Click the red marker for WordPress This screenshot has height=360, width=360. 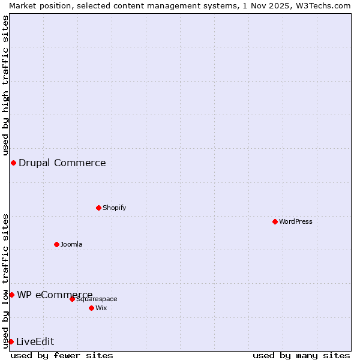(275, 221)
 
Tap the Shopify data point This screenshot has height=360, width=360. (98, 208)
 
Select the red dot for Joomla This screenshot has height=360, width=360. (56, 244)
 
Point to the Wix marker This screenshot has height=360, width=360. (91, 308)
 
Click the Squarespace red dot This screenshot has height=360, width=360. (72, 299)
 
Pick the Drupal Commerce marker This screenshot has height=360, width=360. (13, 163)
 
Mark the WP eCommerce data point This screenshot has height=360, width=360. (11, 295)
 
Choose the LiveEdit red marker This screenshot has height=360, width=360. (11, 341)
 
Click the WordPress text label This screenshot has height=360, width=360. (295, 221)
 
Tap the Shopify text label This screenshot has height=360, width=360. (114, 208)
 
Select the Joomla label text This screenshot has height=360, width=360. (71, 244)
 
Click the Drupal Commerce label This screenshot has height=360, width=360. (62, 163)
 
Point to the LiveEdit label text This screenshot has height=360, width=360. (35, 341)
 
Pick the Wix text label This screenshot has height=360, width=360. (101, 308)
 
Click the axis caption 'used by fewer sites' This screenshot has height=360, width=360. (62, 355)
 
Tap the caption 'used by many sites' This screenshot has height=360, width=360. (301, 355)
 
